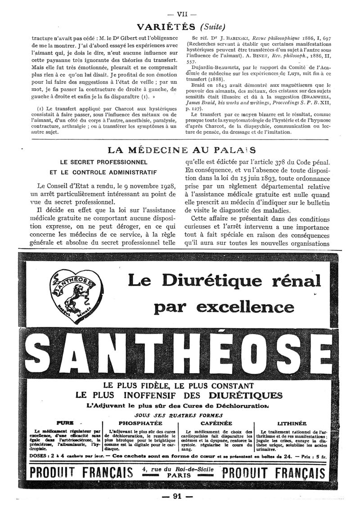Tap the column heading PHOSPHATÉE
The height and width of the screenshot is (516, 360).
(140, 424)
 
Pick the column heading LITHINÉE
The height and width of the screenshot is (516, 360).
(292, 424)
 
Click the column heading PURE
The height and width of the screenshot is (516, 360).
(64, 424)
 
